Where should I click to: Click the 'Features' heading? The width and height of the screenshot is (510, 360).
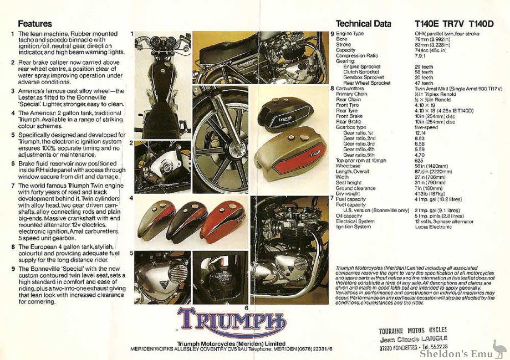coord(35,24)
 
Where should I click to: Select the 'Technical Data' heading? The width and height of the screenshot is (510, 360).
coord(363,24)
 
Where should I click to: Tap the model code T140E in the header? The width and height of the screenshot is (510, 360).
coord(427,24)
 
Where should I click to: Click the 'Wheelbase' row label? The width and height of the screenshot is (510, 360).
coord(348,165)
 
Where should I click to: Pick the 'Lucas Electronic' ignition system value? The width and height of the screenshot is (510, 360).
coord(433,226)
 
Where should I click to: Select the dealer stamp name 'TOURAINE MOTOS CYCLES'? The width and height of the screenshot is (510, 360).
coord(412,330)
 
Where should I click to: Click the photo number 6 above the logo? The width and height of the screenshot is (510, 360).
coord(246,307)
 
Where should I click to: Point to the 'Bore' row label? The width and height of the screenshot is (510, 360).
coord(342,39)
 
